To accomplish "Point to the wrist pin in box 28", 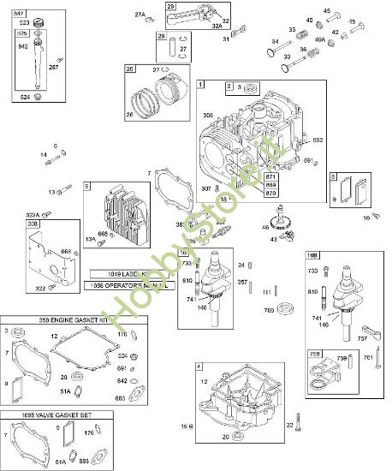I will click(168, 53).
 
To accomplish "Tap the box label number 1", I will click(201, 85).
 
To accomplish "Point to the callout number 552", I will click(317, 140).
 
